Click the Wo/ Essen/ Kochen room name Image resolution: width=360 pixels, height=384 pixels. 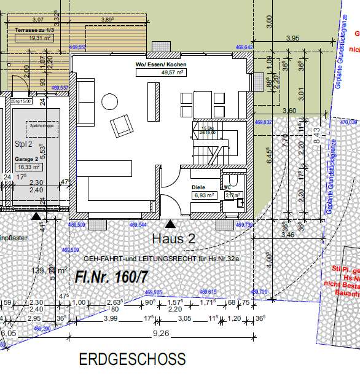coord(161,65)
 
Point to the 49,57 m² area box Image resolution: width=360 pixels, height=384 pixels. coord(161,72)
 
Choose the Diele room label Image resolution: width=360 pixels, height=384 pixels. coord(197,188)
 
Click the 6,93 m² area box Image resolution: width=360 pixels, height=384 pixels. coord(203,195)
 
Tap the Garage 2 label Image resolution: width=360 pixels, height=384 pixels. coord(27,158)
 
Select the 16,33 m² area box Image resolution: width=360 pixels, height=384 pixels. coord(28,166)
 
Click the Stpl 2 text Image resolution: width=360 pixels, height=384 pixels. coord(23,143)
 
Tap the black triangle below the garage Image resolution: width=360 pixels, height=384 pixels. coord(36,216)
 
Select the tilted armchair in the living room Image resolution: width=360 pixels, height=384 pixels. coord(121,126)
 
